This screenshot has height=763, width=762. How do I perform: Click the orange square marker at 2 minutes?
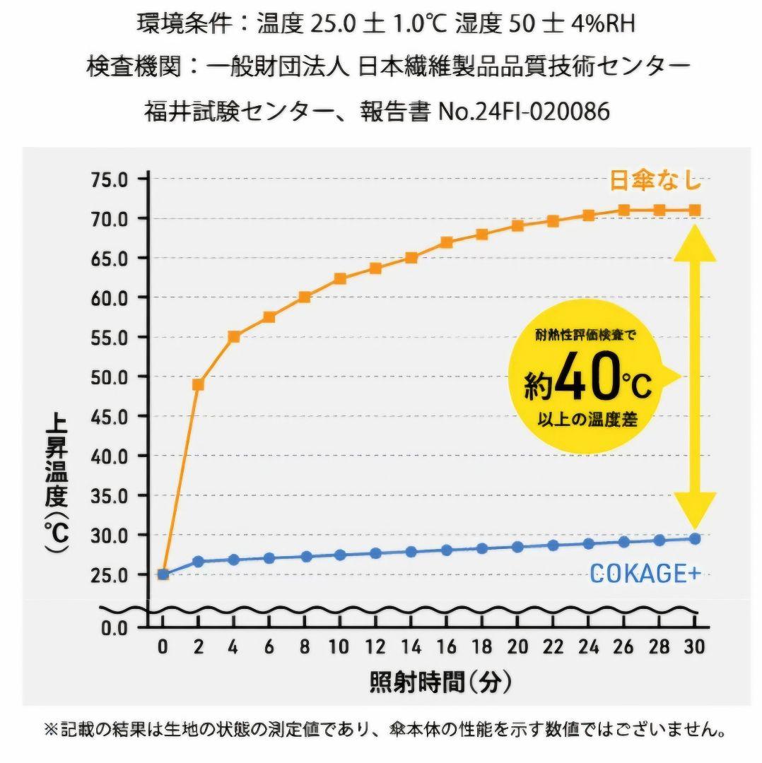(x=198, y=385)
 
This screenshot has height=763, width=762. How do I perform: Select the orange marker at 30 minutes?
(x=695, y=210)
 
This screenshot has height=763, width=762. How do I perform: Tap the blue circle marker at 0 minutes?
(x=163, y=574)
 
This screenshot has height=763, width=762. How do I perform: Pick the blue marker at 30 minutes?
(x=695, y=539)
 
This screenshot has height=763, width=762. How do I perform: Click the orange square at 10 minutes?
(x=340, y=278)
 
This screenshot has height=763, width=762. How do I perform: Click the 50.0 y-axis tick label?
(x=109, y=377)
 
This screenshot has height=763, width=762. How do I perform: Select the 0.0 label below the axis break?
(x=114, y=627)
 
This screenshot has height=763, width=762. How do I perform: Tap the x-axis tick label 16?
(x=446, y=646)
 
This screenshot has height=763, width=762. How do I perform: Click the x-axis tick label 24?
(x=588, y=646)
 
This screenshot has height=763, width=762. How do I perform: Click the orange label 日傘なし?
(x=655, y=181)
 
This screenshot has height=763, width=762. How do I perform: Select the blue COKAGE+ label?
(x=645, y=574)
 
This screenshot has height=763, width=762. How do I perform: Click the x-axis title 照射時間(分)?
(x=440, y=682)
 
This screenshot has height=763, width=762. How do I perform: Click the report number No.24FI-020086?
(x=524, y=112)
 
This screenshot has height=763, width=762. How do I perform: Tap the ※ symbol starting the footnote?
(x=50, y=729)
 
